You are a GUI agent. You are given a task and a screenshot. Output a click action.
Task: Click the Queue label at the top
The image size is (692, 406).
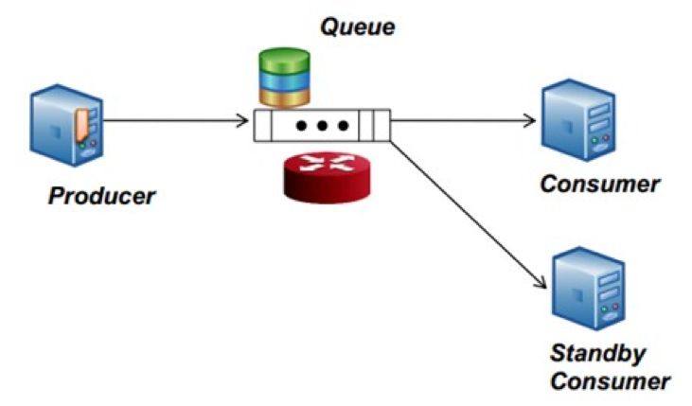coord(358,27)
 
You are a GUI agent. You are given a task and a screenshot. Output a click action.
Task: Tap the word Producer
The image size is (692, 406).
coord(101,196)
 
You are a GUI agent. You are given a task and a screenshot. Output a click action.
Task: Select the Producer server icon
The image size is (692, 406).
coord(67,125)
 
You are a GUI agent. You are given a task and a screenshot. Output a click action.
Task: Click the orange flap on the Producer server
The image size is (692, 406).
coord(82,125)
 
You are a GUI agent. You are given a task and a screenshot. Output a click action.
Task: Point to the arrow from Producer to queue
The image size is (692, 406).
coord(176,120)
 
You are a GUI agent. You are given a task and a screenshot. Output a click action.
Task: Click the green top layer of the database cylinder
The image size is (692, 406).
coord(284,61)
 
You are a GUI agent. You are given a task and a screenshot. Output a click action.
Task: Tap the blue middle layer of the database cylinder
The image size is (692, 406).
coord(284,81)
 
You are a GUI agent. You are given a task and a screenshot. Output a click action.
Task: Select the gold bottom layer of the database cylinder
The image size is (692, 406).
coord(284,98)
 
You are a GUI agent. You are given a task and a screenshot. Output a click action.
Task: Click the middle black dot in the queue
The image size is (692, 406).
coord(322,126)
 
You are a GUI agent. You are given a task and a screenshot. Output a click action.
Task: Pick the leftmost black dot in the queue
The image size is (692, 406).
coord(301,126)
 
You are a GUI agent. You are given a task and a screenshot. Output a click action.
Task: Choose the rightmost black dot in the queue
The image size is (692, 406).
coord(343,126)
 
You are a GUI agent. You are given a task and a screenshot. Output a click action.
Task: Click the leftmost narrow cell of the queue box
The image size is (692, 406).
coord(262,125)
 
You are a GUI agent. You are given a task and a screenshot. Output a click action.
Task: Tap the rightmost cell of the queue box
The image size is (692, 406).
coord(381,125)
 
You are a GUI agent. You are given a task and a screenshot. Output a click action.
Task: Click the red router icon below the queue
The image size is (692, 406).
coord(327,178)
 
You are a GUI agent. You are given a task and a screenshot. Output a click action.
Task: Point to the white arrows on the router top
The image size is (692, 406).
coord(327,163)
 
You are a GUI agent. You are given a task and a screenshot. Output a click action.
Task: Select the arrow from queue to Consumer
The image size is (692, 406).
coord(463,120)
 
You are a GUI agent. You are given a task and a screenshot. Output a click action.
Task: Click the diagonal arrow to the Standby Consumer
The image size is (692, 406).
coord(469,214)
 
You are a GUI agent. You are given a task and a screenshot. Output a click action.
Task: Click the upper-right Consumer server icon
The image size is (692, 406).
coord(578,120)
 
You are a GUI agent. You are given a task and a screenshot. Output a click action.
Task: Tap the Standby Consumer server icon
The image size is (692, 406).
coord(589,289)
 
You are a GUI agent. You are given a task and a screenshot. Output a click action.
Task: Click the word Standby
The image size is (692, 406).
coord(598,354)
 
